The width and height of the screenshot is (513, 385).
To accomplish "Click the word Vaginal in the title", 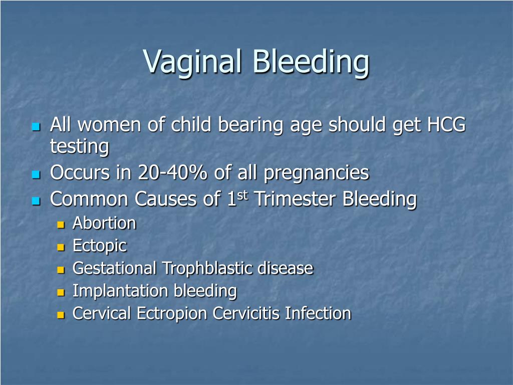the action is (x=192, y=62).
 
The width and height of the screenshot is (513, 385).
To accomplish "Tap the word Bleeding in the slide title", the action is (x=311, y=62).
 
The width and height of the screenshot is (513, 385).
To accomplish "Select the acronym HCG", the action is (x=446, y=124).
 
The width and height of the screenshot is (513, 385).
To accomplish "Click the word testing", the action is (x=79, y=146).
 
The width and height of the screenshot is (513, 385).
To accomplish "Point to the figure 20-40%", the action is (x=172, y=172).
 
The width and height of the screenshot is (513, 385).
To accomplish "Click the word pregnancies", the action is (x=317, y=173).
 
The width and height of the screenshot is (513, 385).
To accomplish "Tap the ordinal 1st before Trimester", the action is (x=237, y=198).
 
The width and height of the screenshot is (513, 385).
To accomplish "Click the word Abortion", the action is (x=104, y=223).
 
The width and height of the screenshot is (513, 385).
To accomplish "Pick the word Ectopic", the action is (x=100, y=246).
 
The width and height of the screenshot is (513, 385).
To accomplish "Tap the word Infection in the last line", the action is (x=318, y=313).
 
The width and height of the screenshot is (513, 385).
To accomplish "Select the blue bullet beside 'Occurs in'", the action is (x=36, y=174).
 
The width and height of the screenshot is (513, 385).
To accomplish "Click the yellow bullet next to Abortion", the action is (x=61, y=225).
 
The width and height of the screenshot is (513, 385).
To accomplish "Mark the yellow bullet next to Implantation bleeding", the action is (x=61, y=292).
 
